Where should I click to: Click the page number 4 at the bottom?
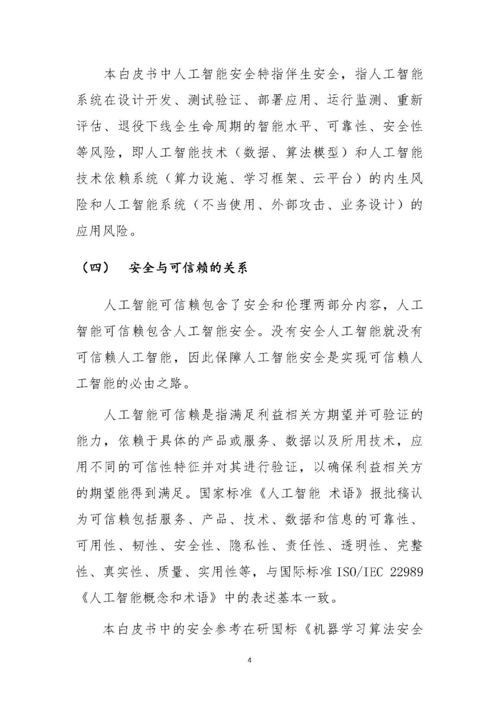[x=249, y=660]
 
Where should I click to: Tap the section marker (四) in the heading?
[x=94, y=268]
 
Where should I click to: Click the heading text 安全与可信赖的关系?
[x=188, y=268]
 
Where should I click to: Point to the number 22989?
[x=406, y=571]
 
